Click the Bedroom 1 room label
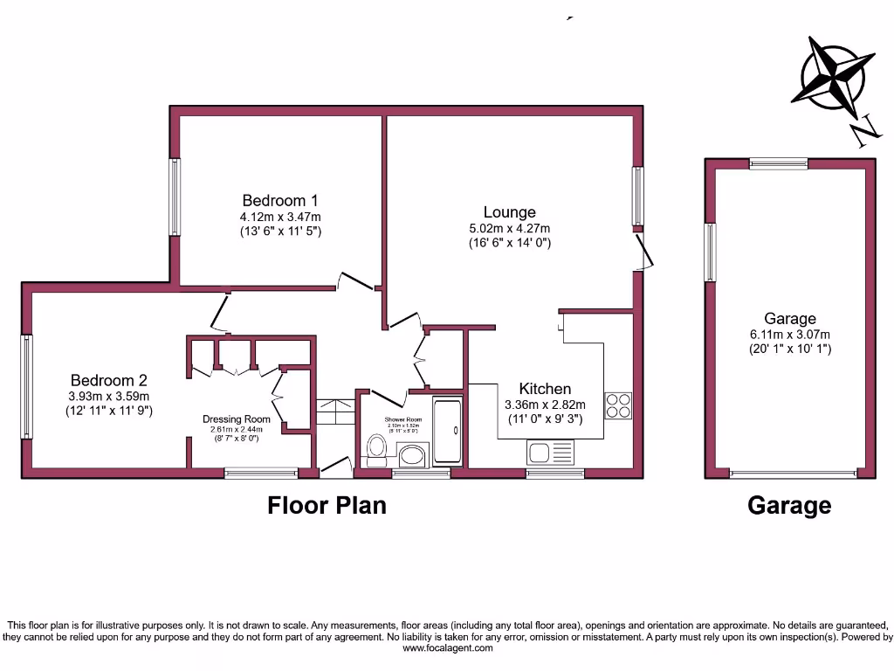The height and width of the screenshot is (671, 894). (x=275, y=200)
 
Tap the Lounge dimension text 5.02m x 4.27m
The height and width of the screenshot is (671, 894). (x=509, y=228)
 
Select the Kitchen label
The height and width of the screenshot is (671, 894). (x=545, y=389)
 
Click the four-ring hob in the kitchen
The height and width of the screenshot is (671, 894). (x=618, y=406)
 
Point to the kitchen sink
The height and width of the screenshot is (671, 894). (x=550, y=453)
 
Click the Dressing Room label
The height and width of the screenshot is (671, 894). (x=237, y=419)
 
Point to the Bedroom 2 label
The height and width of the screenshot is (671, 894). (x=108, y=380)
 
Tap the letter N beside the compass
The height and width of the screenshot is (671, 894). (x=864, y=131)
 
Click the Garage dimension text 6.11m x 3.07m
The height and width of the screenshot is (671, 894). (x=790, y=335)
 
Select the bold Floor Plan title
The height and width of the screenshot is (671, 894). (x=327, y=505)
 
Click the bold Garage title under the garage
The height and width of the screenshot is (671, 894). (x=789, y=505)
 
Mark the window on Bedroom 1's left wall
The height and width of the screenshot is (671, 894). (x=175, y=197)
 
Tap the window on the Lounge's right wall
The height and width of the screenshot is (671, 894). (x=638, y=196)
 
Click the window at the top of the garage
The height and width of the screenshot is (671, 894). (x=778, y=163)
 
